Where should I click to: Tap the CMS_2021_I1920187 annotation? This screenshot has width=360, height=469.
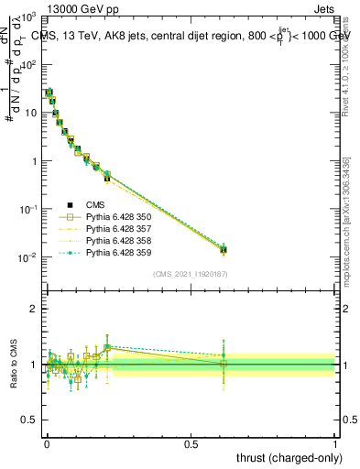[x=190, y=273]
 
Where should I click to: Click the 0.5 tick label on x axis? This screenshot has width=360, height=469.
[x=191, y=443]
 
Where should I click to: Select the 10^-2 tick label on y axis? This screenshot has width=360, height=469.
[x=27, y=257]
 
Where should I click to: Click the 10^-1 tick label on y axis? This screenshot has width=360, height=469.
[x=27, y=209]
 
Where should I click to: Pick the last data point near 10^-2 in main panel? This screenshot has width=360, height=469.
[x=223, y=249]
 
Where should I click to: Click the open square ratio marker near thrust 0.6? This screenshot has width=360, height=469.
[x=223, y=364]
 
